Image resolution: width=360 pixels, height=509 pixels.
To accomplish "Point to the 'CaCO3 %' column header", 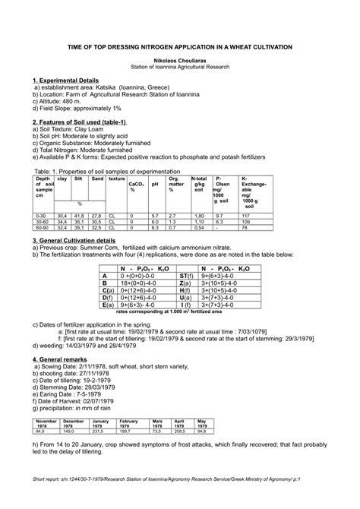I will (137, 186).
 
